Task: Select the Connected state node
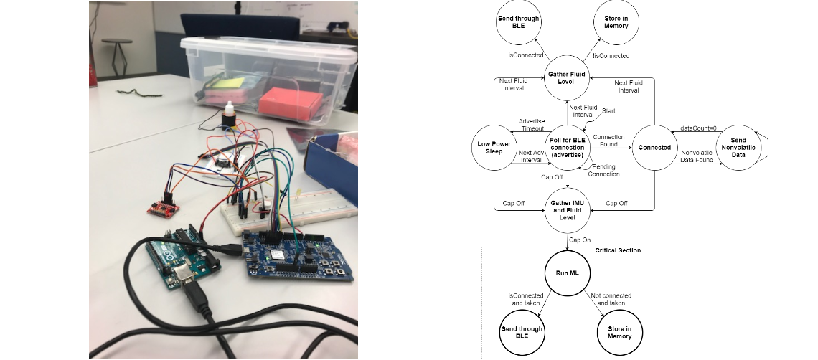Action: click(654, 148)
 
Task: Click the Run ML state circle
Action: click(567, 273)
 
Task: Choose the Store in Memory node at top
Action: click(616, 22)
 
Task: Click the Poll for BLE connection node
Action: click(567, 148)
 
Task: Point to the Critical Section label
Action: click(618, 250)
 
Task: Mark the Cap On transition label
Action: click(580, 240)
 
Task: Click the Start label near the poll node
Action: click(608, 111)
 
